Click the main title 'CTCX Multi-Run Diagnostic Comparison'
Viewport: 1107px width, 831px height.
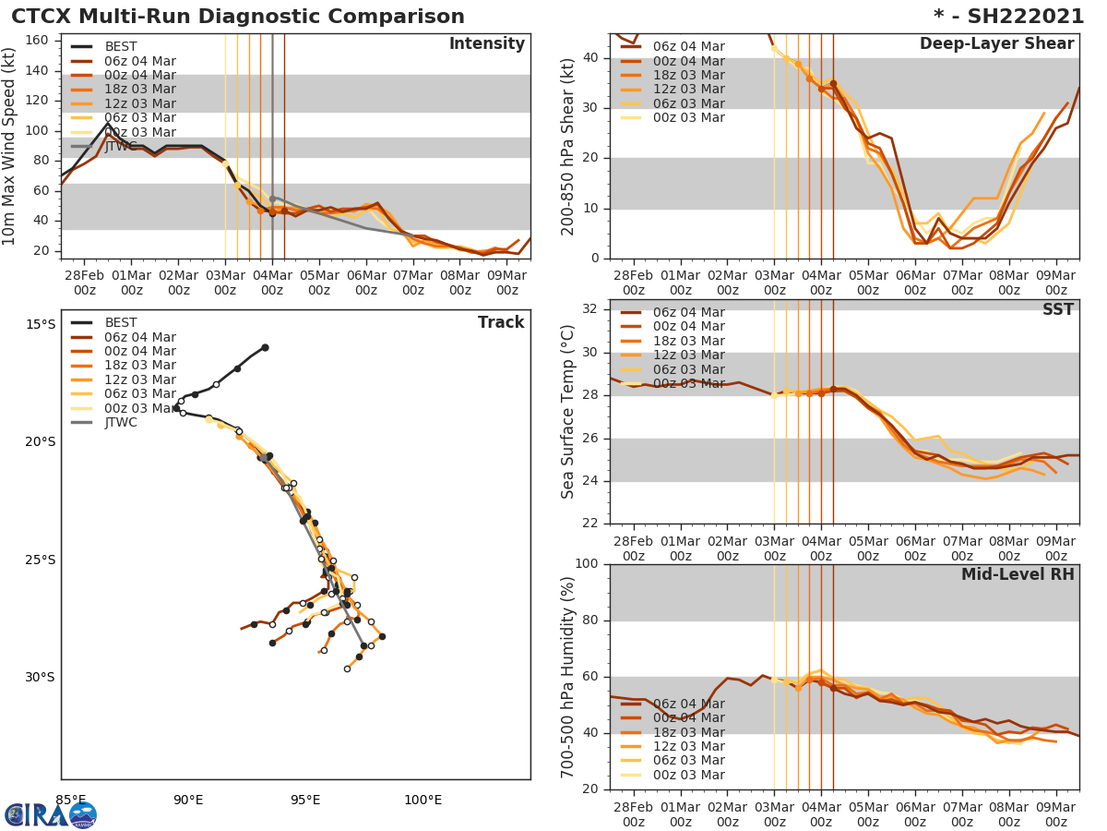pos(238,17)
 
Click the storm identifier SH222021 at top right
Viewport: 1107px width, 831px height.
pos(1008,17)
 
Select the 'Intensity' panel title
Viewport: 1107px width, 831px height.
pos(486,44)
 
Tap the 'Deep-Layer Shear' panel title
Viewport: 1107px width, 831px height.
pos(996,44)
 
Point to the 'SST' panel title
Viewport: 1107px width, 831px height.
pos(1057,309)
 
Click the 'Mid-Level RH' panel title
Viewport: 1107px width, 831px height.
pos(1018,574)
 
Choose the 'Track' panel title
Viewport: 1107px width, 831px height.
pos(501,322)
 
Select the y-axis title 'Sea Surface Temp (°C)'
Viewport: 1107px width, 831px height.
pos(568,412)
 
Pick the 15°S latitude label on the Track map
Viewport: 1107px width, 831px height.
pos(40,324)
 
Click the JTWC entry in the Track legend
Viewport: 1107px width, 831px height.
pos(121,422)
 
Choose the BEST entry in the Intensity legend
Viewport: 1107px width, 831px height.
pos(121,47)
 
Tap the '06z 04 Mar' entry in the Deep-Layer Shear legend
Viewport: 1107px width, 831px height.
pos(688,47)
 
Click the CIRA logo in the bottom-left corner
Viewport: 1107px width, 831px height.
pos(51,814)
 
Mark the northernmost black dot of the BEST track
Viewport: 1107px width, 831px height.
pos(265,347)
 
